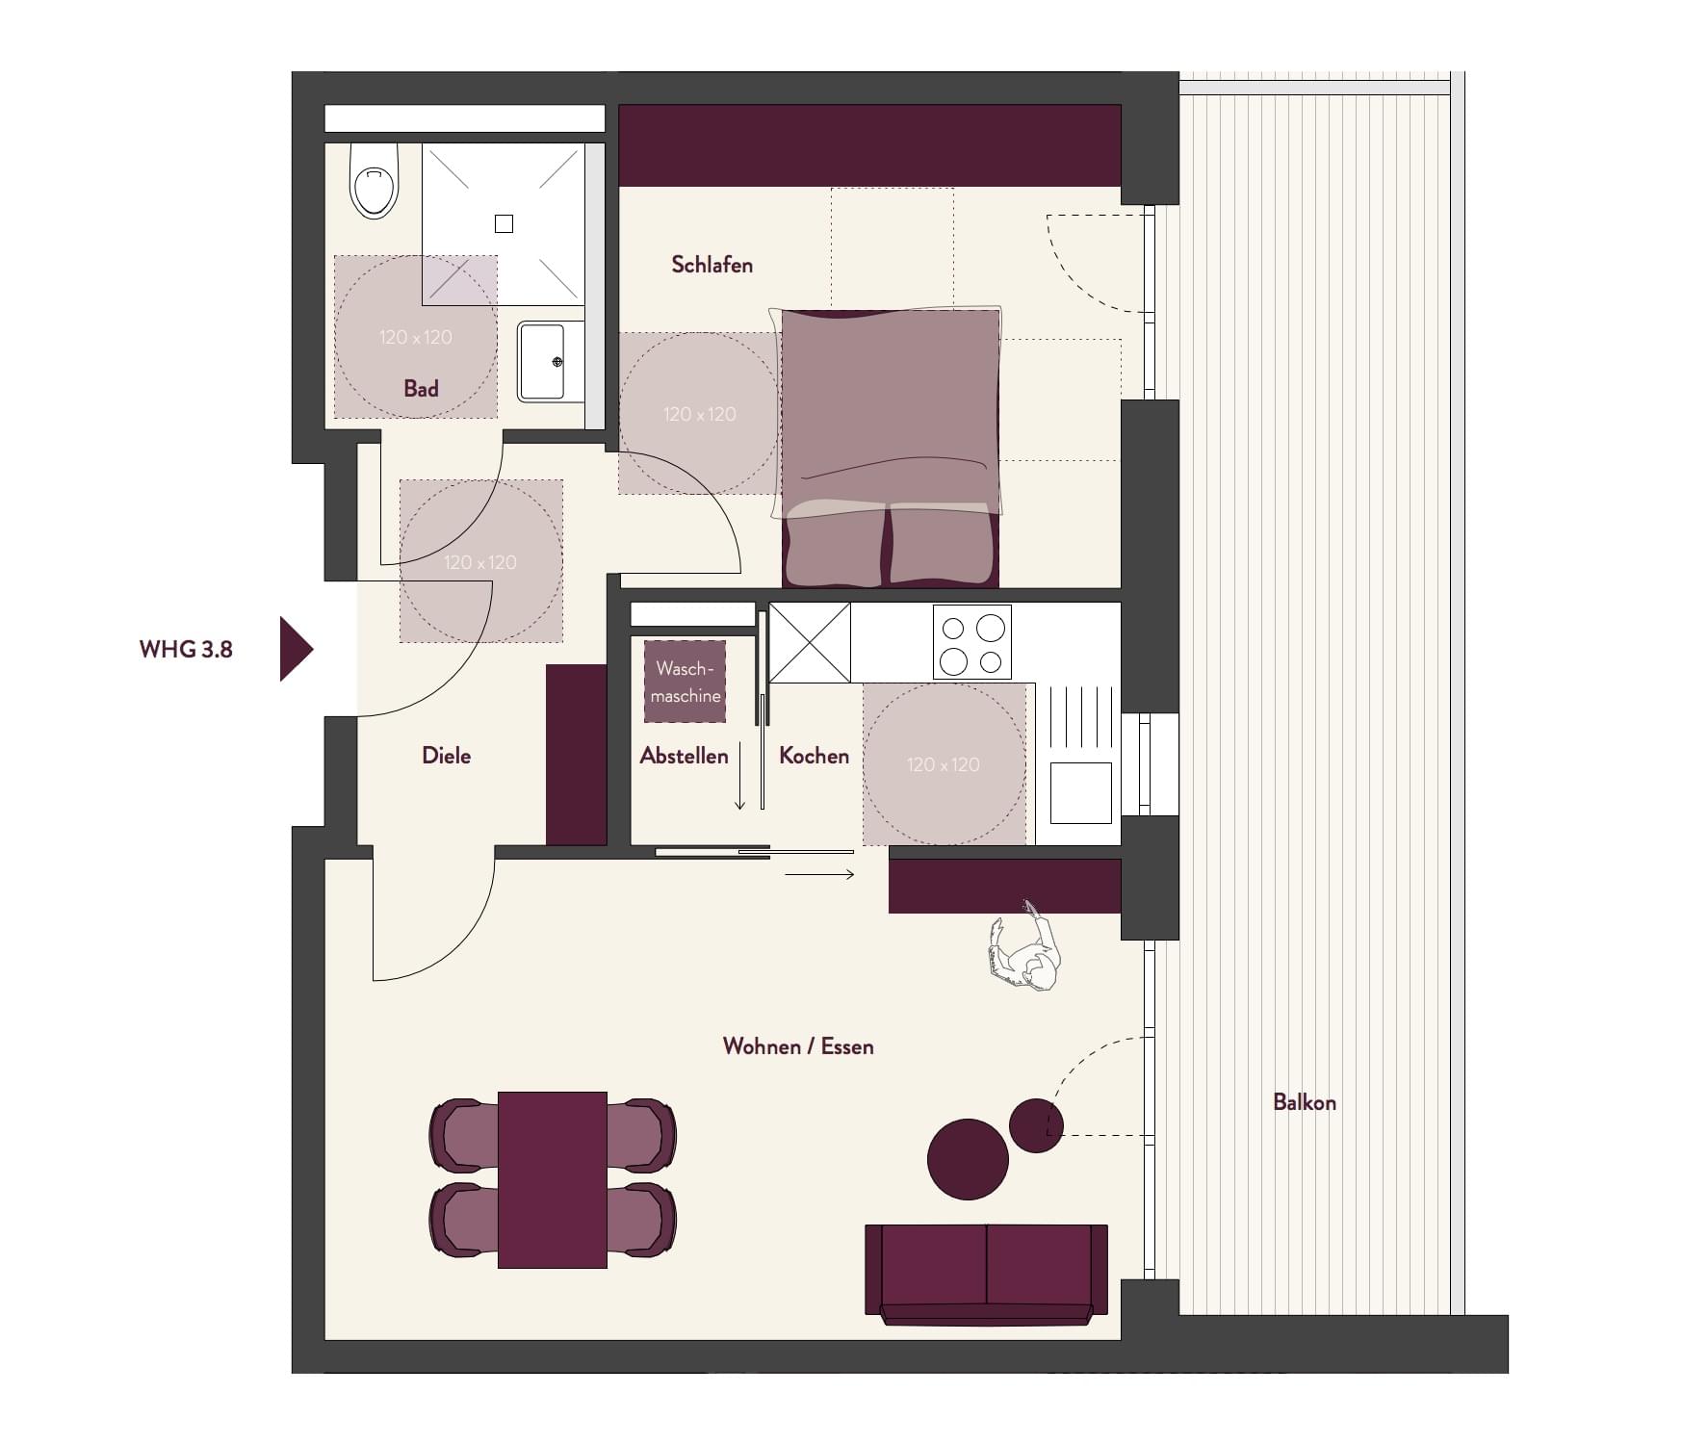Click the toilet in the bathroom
[375, 180]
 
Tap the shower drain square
[504, 223]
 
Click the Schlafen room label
[712, 265]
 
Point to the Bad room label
[421, 389]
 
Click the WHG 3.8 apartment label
[186, 650]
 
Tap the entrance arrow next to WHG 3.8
[296, 650]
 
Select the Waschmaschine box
[685, 682]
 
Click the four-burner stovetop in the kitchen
[972, 642]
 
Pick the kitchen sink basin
[1080, 793]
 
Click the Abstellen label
[684, 756]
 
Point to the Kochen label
[814, 756]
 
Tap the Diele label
[447, 756]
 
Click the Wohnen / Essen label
[798, 1046]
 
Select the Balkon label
[1305, 1102]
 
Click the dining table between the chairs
[553, 1179]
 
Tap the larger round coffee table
[968, 1159]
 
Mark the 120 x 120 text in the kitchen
[944, 764]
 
